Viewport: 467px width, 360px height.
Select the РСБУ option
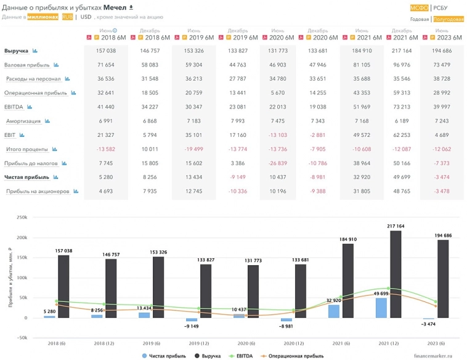tap(441, 8)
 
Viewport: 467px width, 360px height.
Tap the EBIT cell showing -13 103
tap(278, 135)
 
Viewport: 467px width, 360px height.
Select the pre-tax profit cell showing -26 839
tap(278, 163)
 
